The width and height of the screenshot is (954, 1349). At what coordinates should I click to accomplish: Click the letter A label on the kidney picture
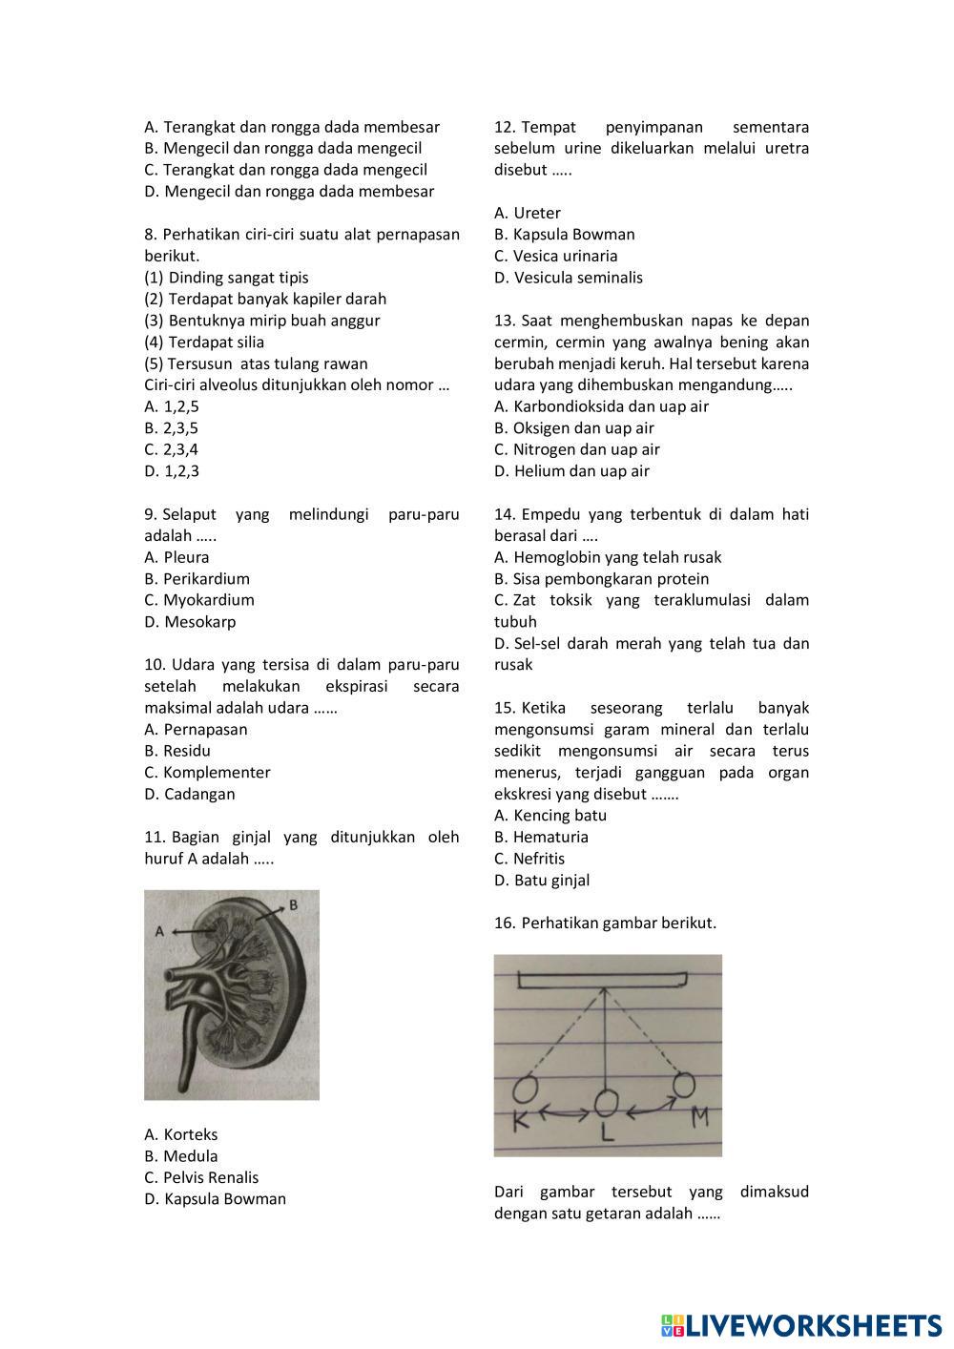[160, 929]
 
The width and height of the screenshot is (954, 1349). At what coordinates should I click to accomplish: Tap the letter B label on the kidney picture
[294, 903]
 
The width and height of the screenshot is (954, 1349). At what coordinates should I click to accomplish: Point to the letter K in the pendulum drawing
[521, 1121]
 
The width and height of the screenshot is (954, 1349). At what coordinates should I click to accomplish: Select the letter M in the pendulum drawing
[699, 1116]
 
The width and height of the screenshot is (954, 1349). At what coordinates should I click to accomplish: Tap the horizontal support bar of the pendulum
[603, 980]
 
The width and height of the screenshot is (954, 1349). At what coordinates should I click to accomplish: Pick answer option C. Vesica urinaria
[555, 256]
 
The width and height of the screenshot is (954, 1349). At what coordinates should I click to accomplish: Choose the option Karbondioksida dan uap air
[601, 406]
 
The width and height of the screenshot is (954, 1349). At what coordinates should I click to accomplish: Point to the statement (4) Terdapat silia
[204, 342]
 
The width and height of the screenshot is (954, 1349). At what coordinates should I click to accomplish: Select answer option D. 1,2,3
[172, 471]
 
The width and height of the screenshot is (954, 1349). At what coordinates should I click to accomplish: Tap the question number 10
[155, 665]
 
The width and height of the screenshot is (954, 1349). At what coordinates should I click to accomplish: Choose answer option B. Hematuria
[541, 837]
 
